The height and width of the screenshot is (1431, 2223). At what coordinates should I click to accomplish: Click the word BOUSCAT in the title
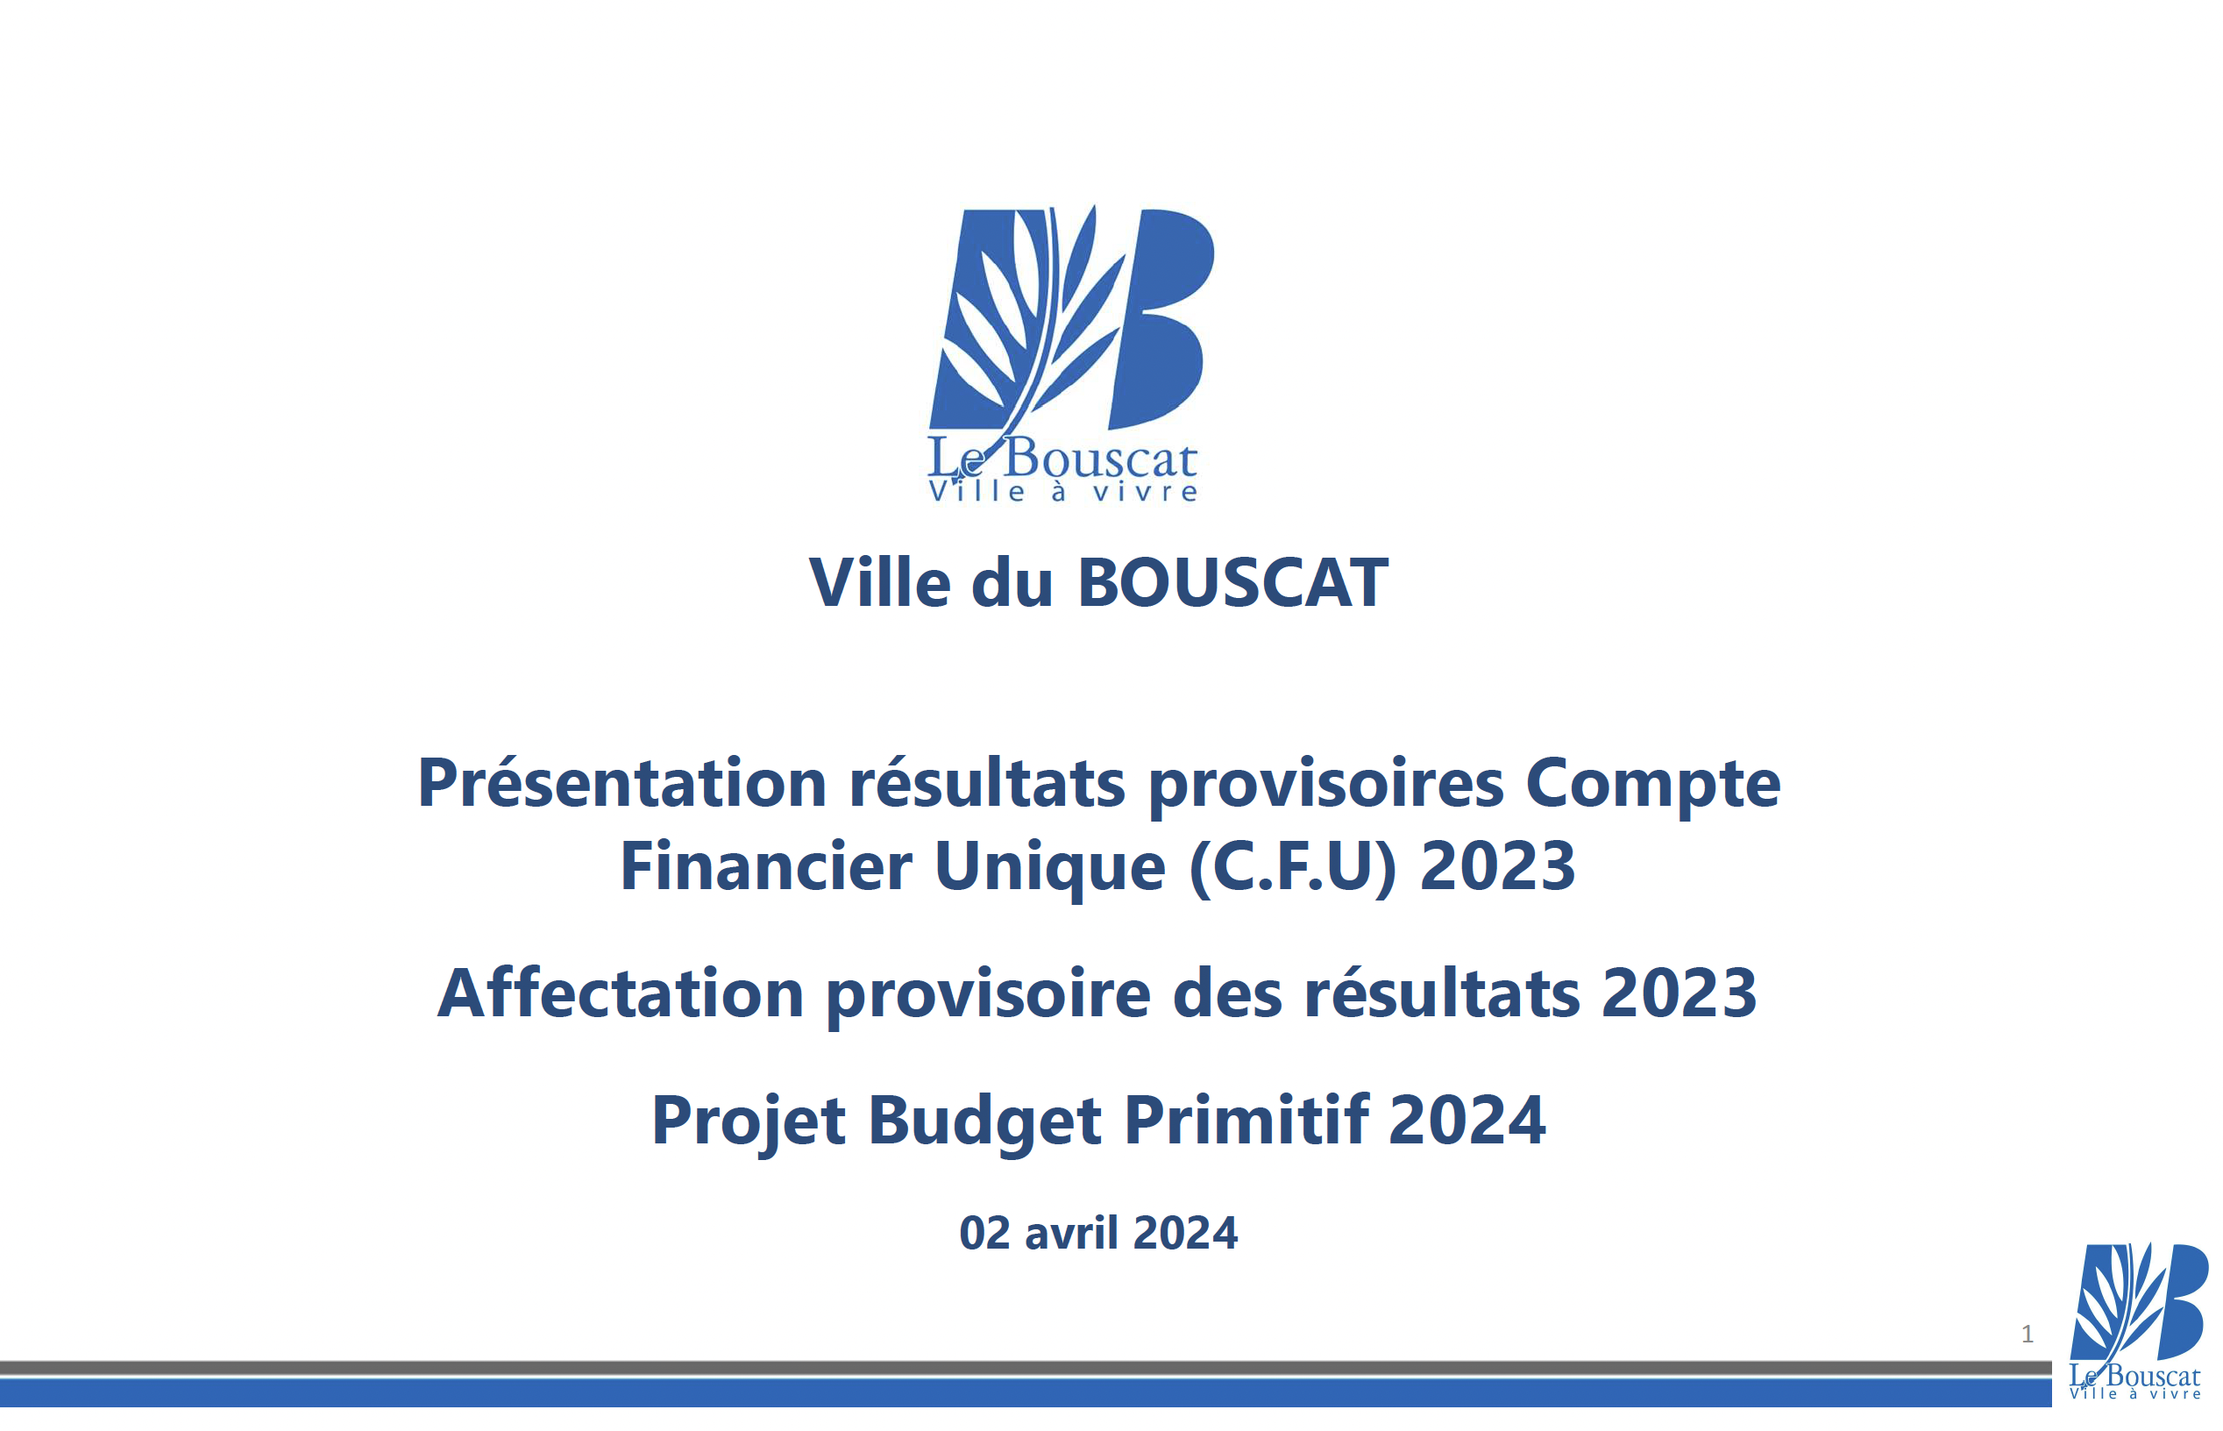coord(1232,584)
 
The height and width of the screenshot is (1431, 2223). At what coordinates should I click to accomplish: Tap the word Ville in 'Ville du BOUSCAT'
coord(880,584)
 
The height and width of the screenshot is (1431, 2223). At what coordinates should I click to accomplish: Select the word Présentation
coord(622,782)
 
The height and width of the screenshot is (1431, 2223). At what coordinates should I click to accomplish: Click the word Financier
coord(766,866)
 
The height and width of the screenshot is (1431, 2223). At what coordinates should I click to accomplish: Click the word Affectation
coord(621,993)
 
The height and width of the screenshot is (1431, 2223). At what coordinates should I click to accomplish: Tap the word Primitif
coord(1246,1121)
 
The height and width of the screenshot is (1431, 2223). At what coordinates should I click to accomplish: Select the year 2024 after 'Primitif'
coord(1467,1121)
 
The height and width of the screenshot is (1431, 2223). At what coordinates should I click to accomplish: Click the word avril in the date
coord(1071,1233)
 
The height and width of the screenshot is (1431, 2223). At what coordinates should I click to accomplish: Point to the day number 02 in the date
coord(984,1233)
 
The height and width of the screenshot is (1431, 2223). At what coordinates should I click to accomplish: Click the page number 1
coord(2027,1335)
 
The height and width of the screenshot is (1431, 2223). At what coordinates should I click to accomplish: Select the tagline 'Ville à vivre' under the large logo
coord(1062,492)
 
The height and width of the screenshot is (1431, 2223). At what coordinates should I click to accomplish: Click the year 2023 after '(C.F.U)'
coord(1497,866)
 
